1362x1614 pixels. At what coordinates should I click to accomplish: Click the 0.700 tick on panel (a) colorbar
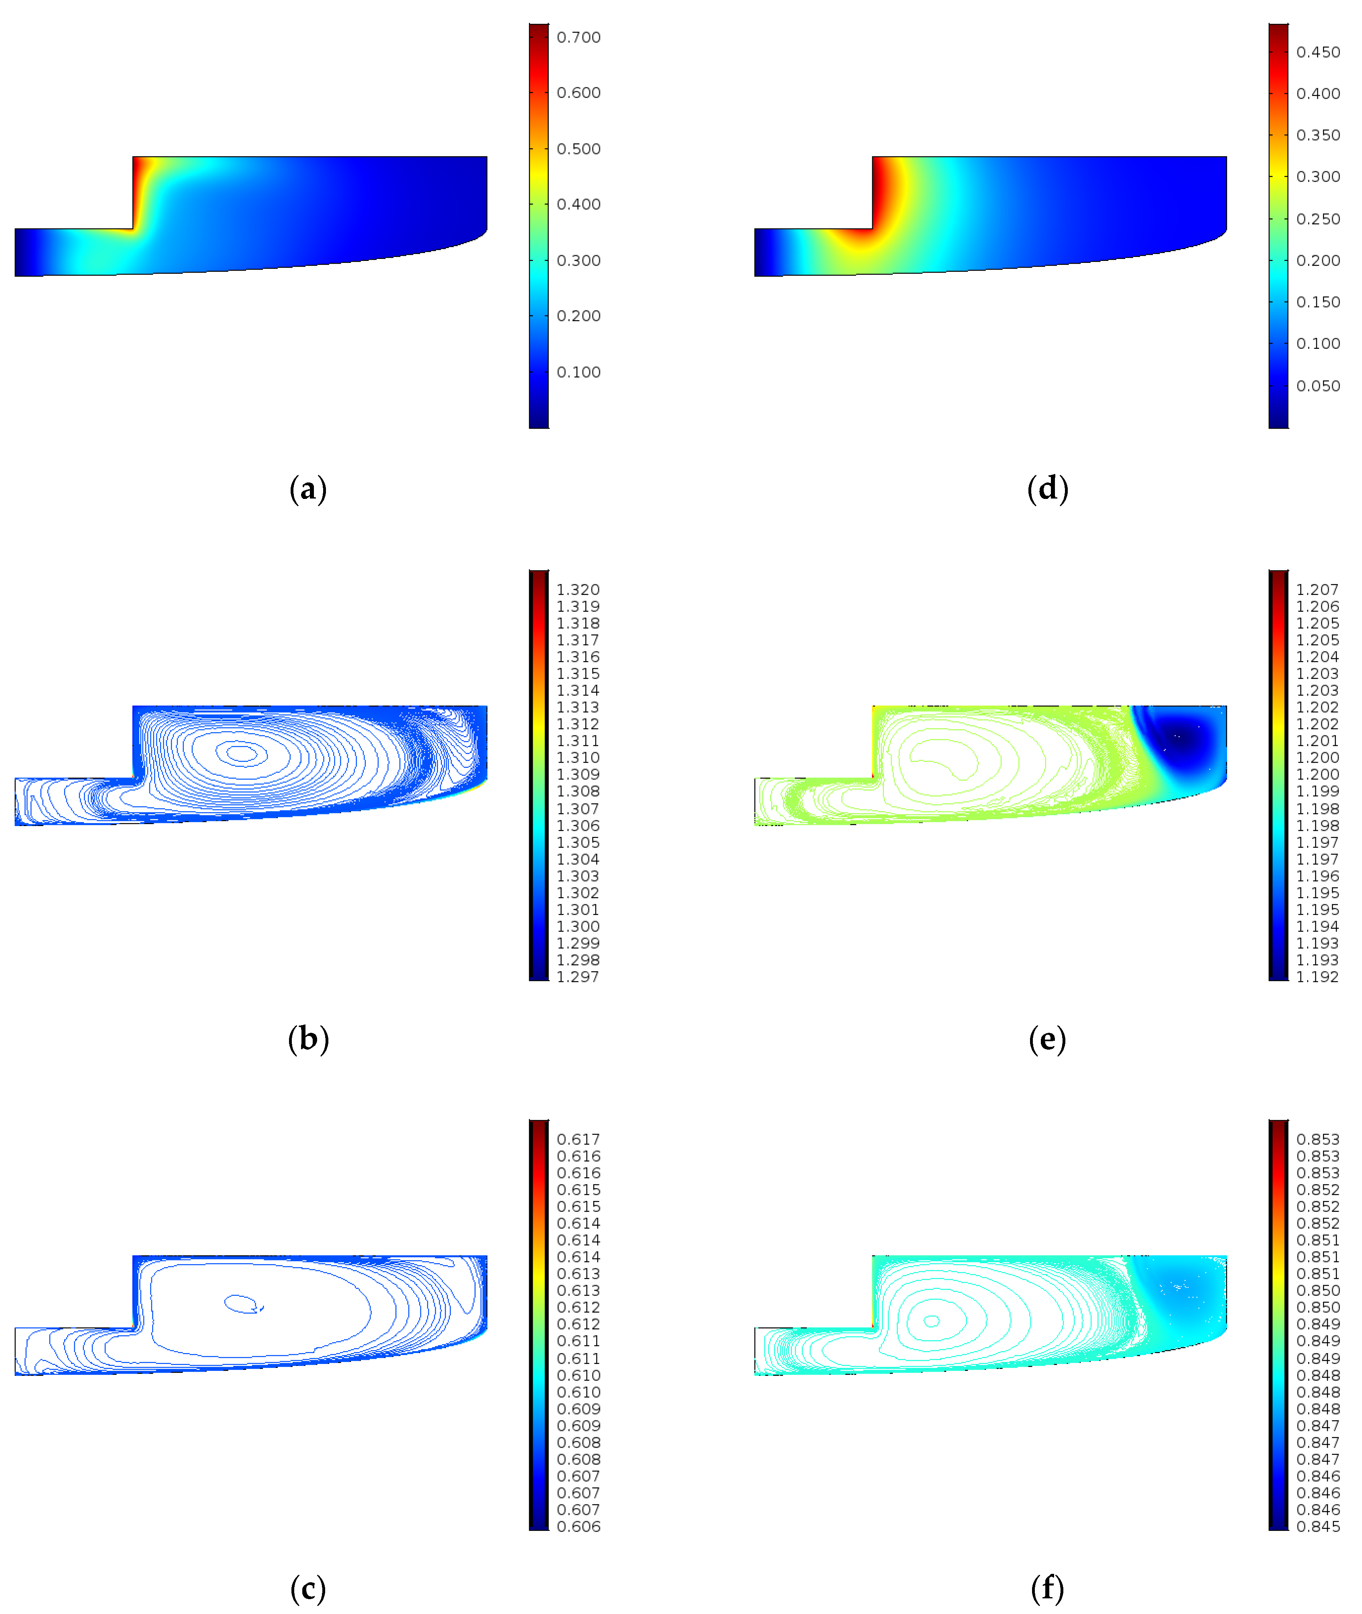[578, 37]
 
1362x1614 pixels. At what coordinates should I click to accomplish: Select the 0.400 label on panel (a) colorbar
[578, 204]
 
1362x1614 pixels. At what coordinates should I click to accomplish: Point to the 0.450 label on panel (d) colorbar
[1318, 52]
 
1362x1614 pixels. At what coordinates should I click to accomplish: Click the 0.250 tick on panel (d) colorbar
[1318, 218]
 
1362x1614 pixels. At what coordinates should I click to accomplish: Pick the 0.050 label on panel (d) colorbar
[1318, 385]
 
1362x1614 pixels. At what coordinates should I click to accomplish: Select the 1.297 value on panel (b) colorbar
[578, 977]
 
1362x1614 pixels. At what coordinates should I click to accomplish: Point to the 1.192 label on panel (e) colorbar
[1317, 977]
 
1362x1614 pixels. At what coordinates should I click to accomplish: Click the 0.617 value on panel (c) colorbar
[578, 1139]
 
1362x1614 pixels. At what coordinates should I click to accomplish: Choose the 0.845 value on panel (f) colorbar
[1318, 1526]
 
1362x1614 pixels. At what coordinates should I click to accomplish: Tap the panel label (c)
[308, 1589]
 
